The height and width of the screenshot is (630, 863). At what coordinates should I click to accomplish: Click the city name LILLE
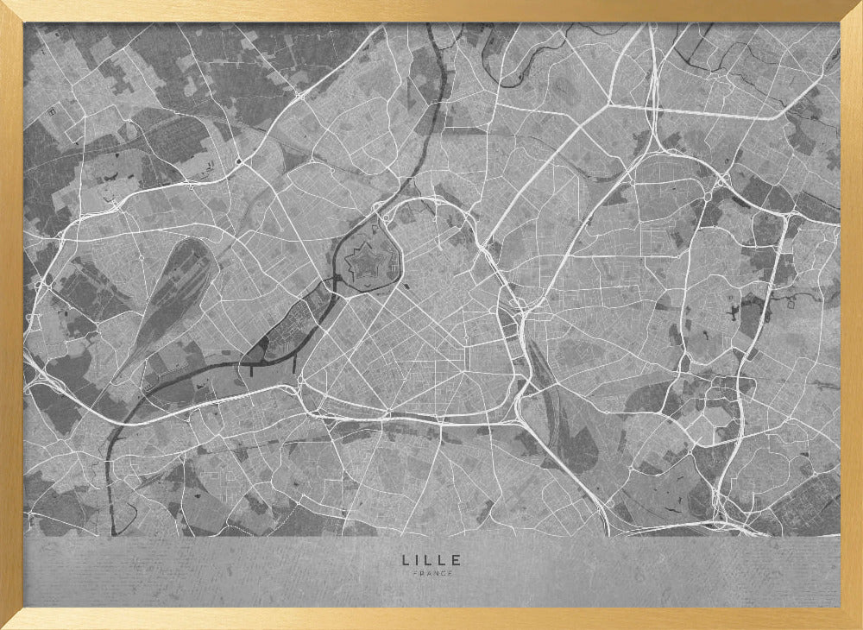(431, 560)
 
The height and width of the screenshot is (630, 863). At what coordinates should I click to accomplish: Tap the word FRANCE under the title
(431, 574)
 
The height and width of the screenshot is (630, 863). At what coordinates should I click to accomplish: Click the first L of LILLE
(406, 560)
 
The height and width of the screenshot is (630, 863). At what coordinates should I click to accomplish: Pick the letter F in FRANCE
(415, 574)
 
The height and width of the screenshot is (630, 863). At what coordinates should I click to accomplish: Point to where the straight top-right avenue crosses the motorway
(653, 107)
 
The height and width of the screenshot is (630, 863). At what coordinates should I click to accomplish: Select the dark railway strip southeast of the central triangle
(561, 414)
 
